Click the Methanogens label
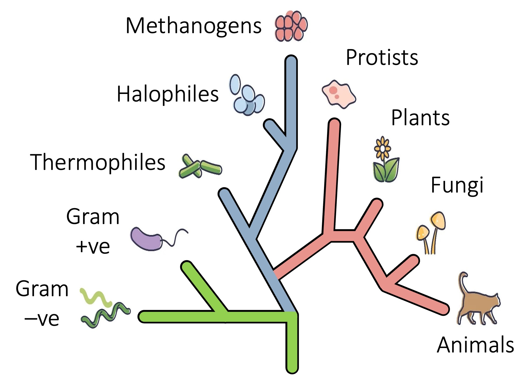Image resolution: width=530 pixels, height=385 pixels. pos(193,26)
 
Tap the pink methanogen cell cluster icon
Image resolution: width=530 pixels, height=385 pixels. pos(291,26)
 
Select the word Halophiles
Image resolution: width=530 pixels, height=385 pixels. pos(167,94)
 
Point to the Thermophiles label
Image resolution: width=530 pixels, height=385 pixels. pos(98,162)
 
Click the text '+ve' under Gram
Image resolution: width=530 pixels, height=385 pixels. pos(93,246)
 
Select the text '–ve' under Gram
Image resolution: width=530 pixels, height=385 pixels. pos(42,319)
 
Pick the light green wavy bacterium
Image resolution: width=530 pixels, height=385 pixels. pos(96,297)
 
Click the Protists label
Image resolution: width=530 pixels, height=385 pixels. pos(382,58)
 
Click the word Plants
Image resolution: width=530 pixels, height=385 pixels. pos(420,118)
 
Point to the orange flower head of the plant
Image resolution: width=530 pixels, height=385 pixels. pos(382,148)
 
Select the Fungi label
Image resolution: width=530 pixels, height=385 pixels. pos(457,185)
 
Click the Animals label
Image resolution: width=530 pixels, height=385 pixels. pos(475,345)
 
